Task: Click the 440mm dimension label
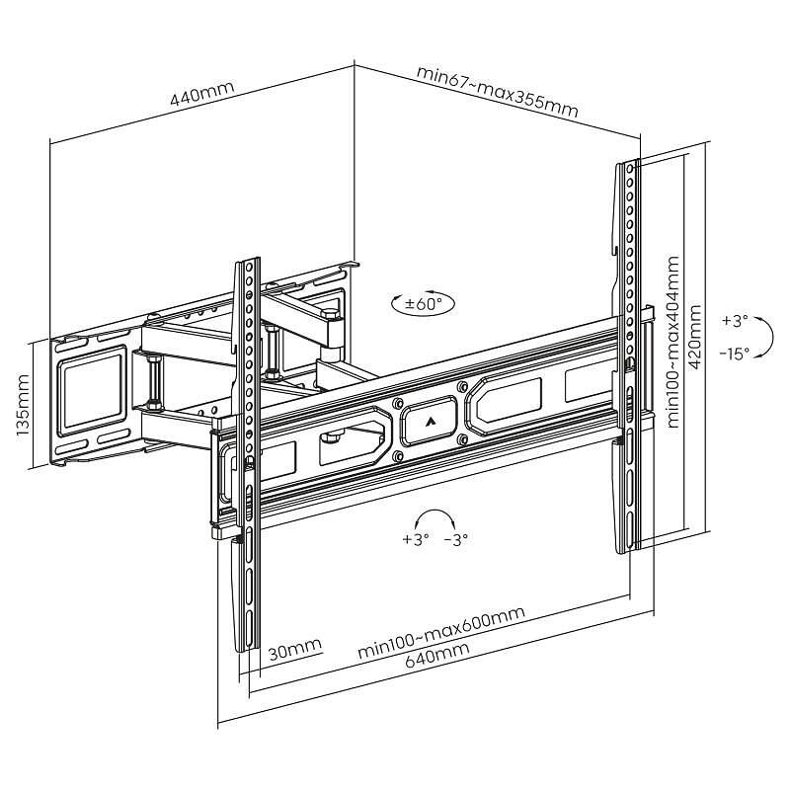pos(202,93)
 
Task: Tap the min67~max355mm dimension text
pos(498,91)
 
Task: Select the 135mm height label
pos(23,406)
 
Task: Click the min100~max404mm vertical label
pos(672,343)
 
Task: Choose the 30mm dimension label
pos(294,650)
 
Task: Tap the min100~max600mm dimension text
pos(441,632)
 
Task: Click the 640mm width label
pos(437,655)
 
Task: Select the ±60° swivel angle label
pos(424,304)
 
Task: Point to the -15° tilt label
pos(734,354)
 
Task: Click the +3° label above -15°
pos(735,321)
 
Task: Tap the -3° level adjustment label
pos(456,539)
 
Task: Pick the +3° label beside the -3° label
pos(416,539)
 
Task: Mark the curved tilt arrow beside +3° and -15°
pos(764,337)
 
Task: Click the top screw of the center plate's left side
pos(397,403)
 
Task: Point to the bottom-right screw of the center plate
pos(461,440)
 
